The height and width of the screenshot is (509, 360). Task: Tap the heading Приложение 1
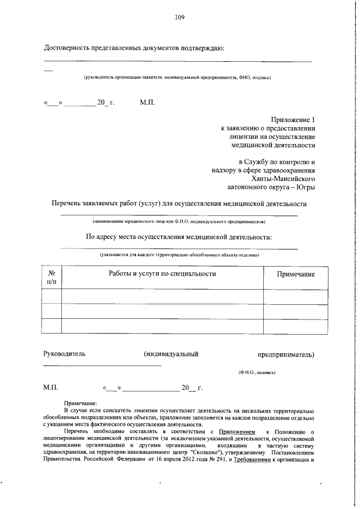[294, 120]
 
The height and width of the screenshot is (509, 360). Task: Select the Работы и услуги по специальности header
[162, 273]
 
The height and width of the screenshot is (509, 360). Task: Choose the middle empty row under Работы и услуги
[162, 311]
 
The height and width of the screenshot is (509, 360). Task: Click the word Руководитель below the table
[65, 354]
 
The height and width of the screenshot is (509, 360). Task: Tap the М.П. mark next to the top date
[147, 103]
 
